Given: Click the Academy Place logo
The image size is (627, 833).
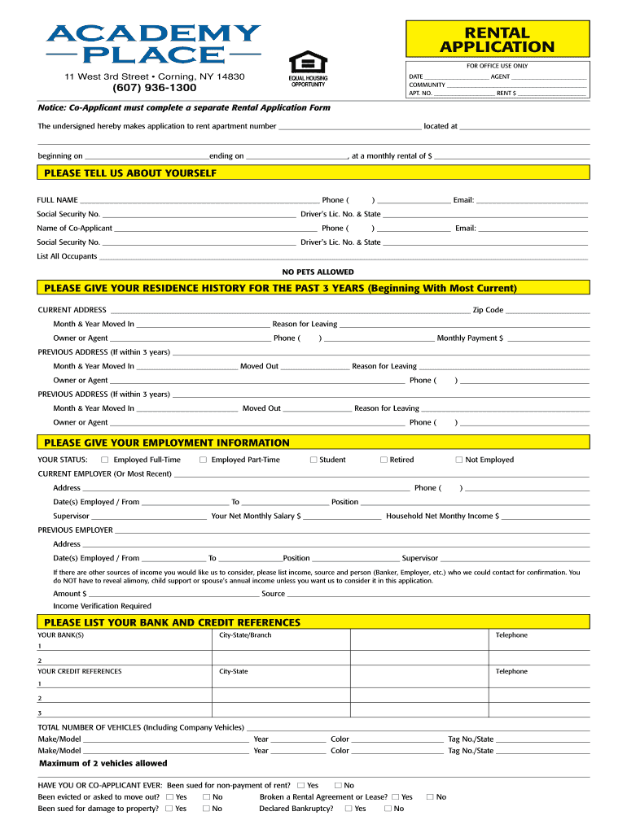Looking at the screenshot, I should (x=153, y=45).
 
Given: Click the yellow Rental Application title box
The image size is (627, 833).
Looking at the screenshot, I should (x=497, y=40).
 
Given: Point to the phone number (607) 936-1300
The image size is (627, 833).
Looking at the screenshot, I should (x=155, y=88).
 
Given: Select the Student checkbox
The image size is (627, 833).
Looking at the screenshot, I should (x=313, y=460).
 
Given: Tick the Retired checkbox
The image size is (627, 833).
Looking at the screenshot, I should (x=384, y=460).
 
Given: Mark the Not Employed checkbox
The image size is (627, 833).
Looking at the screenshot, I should (x=458, y=460).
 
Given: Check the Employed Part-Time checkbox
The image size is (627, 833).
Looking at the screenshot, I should (x=202, y=460).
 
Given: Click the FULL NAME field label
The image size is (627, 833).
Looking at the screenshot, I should (x=57, y=200).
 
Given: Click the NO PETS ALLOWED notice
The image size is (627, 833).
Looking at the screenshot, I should (x=318, y=272).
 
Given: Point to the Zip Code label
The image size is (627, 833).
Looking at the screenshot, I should (x=488, y=310).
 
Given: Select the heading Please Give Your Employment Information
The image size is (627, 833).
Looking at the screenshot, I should (x=166, y=443).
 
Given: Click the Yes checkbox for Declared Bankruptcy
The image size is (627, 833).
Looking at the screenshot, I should (x=349, y=809).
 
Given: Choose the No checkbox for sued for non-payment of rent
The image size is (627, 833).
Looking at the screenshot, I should (x=338, y=785).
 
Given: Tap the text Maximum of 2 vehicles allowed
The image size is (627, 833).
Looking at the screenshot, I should (x=103, y=763).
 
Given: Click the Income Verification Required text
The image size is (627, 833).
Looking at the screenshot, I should (x=102, y=606).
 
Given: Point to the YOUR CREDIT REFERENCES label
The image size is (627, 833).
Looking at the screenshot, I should (x=79, y=671).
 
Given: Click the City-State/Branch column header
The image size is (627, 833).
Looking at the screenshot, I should (x=245, y=635).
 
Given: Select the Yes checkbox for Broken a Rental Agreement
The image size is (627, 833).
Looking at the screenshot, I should (x=395, y=797).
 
